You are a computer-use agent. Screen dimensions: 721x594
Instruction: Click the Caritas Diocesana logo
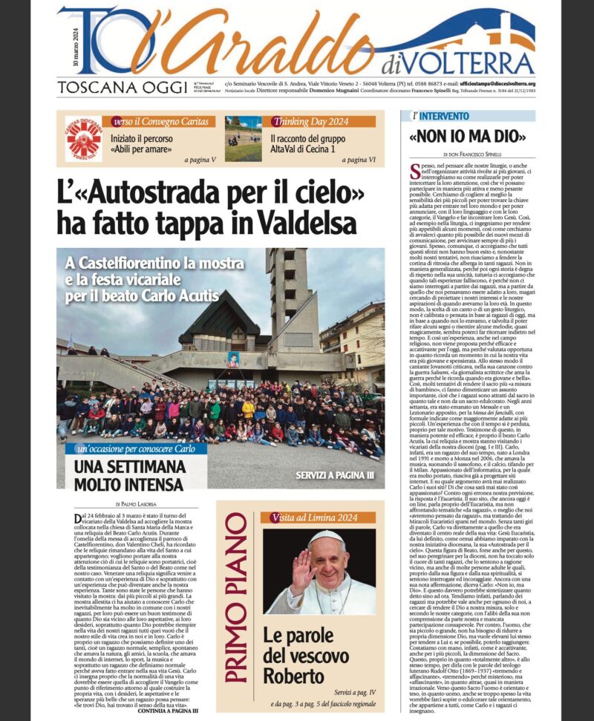click(x=83, y=139)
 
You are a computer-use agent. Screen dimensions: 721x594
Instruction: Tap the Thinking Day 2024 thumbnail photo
click(x=244, y=139)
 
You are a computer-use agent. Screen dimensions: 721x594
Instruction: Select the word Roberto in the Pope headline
click(x=293, y=676)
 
